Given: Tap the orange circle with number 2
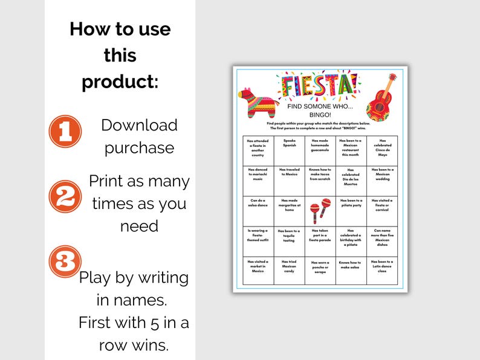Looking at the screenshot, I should (x=65, y=196).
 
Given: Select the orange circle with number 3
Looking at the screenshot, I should (x=63, y=261).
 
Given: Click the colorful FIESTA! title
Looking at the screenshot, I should (x=317, y=86).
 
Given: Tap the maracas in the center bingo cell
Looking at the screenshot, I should (x=320, y=210).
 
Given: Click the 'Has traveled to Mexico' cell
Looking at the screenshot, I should (x=289, y=173).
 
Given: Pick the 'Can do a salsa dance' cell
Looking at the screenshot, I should (x=258, y=204).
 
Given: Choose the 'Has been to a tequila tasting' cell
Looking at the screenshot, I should (x=289, y=236).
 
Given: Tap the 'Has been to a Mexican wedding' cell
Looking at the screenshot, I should (x=382, y=173).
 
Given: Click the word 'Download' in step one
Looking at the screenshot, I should (x=139, y=125).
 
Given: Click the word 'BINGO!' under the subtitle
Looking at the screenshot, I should (x=317, y=114).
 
